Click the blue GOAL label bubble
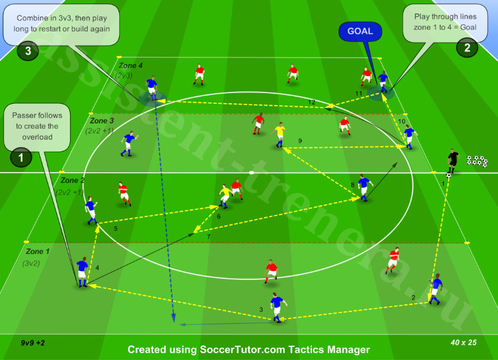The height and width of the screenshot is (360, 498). coord(360,31)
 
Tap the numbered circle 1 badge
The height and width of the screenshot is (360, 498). coord(21,157)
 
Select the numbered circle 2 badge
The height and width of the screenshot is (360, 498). coord(467,47)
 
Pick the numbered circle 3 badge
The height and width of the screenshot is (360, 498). coord(28,50)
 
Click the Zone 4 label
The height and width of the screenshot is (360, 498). coord(130,66)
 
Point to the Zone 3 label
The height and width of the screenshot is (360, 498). coord(101,121)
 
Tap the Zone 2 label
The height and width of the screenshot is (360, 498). coord(72,180)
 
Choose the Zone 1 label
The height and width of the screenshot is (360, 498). coord(38,251)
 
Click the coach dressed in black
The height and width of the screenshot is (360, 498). coord(452,161)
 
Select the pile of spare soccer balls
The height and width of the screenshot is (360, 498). coord(477,161)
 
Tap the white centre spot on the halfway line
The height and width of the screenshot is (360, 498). coord(251,173)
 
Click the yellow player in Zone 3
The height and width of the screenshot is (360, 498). coord(279,135)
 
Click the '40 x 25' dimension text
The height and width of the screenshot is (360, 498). coord(464,343)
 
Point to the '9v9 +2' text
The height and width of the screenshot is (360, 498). coord(33,343)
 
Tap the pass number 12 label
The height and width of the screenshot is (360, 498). coord(312,102)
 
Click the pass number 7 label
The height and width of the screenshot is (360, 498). coord(209,237)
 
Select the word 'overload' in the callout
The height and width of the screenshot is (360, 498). coord(37,137)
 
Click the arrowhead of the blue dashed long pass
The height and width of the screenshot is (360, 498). coord(174,318)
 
